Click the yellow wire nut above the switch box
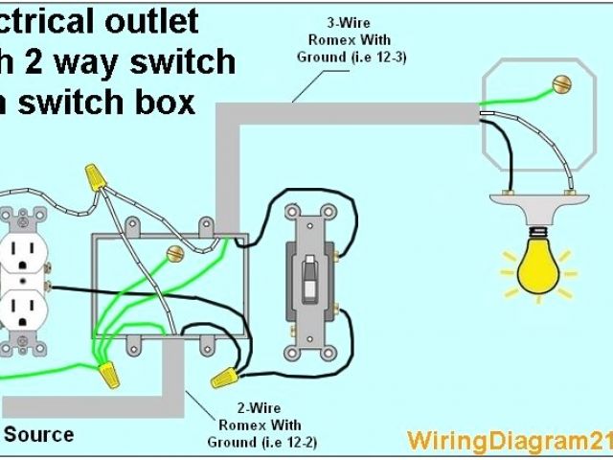[x=94, y=175]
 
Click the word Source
[x=39, y=434]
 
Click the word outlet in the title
[x=152, y=21]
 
